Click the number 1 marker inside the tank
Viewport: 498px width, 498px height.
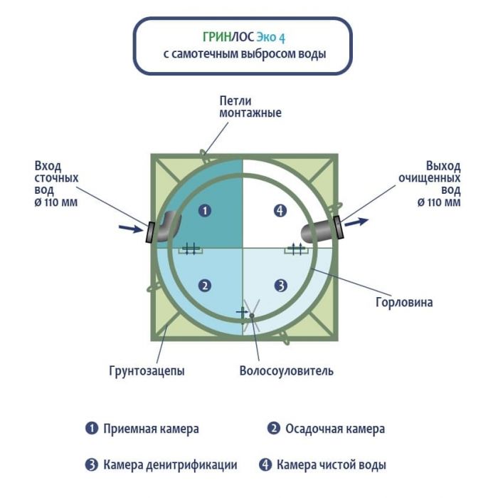click(x=205, y=210)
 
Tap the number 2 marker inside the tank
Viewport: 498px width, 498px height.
click(x=205, y=286)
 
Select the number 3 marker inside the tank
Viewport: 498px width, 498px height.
click(x=281, y=286)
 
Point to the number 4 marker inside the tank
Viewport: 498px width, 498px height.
click(x=281, y=210)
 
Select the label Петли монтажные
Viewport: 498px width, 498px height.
click(x=250, y=107)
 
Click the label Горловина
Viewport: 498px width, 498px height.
click(x=403, y=302)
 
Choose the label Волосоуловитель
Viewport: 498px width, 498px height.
click(x=286, y=370)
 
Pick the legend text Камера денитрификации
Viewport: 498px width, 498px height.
click(x=170, y=465)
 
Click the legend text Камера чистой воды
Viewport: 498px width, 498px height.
click(x=332, y=465)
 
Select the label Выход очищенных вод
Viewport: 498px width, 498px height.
click(x=439, y=184)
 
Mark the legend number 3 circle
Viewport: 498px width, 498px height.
click(x=91, y=465)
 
